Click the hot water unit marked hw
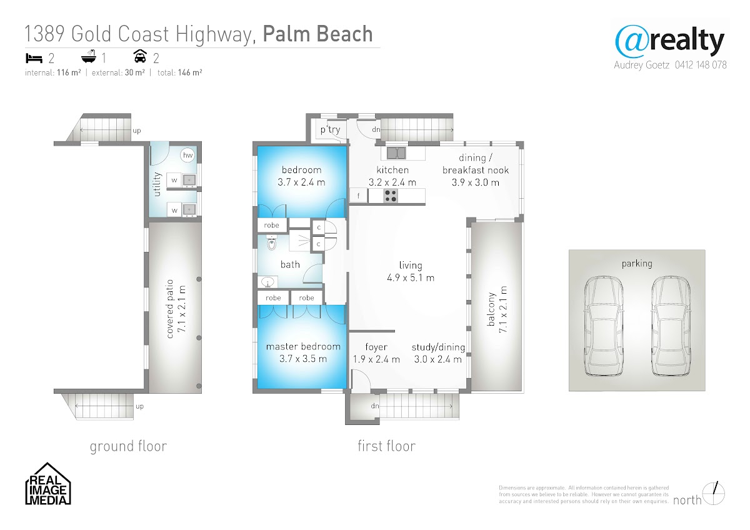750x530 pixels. (x=188, y=155)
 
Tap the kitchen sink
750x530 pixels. (x=396, y=152)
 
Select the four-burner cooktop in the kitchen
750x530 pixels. (x=390, y=196)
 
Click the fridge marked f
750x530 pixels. (x=359, y=196)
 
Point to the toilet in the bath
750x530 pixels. (x=271, y=243)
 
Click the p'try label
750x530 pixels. (x=330, y=129)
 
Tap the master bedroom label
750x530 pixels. (x=303, y=346)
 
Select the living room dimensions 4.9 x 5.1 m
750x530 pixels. (x=411, y=278)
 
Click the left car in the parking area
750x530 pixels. (x=604, y=326)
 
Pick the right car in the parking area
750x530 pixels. (x=671, y=326)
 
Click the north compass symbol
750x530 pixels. (x=714, y=494)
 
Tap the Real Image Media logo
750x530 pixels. (x=48, y=484)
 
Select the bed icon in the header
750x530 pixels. (x=34, y=58)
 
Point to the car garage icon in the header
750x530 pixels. (x=140, y=56)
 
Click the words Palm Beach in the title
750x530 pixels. (x=317, y=34)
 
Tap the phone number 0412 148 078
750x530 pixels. (x=701, y=65)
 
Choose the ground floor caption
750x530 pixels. (x=128, y=446)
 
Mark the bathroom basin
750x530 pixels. (x=267, y=282)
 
